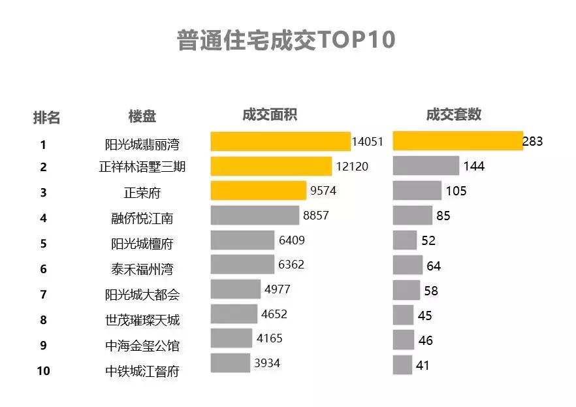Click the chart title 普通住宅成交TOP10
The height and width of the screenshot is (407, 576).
pyautogui.click(x=286, y=41)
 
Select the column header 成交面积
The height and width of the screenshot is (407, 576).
pyautogui.click(x=270, y=114)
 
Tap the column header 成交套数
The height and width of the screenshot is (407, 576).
pyautogui.click(x=454, y=114)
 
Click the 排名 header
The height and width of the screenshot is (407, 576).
pyautogui.click(x=46, y=118)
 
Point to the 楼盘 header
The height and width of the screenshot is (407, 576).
pyautogui.click(x=142, y=117)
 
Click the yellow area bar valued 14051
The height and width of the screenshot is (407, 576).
pyautogui.click(x=280, y=142)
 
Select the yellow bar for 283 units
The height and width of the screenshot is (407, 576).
pyautogui.click(x=457, y=140)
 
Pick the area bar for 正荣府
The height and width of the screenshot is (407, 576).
pyautogui.click(x=258, y=191)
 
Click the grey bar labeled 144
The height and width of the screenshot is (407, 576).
pyautogui.click(x=426, y=166)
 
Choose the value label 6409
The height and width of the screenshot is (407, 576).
pyautogui.click(x=291, y=240)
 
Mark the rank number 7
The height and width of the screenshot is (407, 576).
pyautogui.click(x=44, y=295)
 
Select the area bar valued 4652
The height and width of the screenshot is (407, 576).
pyautogui.click(x=234, y=314)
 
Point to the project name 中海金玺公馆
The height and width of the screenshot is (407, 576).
pyautogui.click(x=142, y=346)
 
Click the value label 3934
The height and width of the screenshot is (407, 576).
pyautogui.click(x=267, y=363)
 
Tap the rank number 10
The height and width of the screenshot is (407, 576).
pyautogui.click(x=44, y=371)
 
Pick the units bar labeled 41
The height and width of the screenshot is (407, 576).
pyautogui.click(x=402, y=365)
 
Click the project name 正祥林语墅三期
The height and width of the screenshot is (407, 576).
pyautogui.click(x=142, y=167)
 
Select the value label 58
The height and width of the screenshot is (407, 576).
pyautogui.click(x=431, y=290)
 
